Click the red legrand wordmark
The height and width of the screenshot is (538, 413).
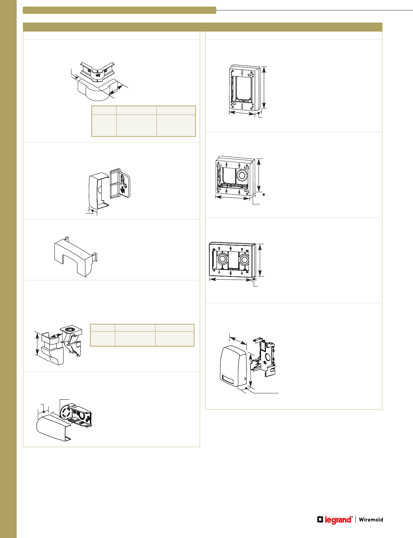[338, 520]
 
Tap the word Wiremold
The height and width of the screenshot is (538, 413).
[371, 520]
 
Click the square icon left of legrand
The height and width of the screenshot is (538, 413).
[320, 519]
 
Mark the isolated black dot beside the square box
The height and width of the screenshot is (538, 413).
[264, 195]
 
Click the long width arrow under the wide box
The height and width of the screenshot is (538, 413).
[231, 279]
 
